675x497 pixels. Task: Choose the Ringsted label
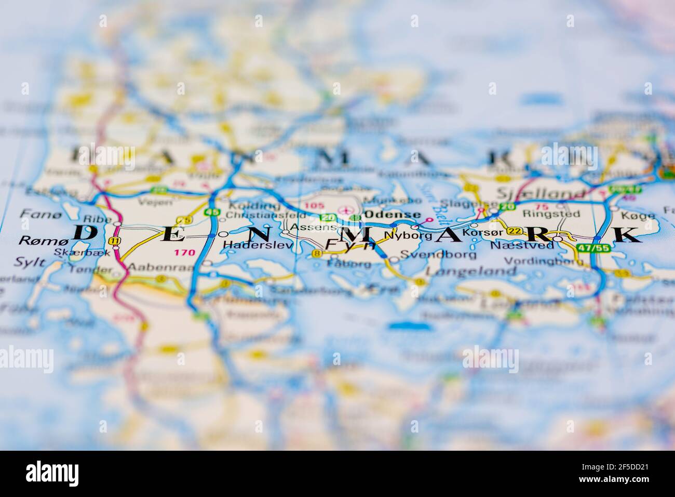[544, 213]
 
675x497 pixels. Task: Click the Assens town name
[306, 227]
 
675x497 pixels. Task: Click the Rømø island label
[36, 240]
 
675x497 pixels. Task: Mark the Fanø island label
[35, 213]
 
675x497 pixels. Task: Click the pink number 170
[185, 253]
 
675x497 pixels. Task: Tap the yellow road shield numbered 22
[514, 231]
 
